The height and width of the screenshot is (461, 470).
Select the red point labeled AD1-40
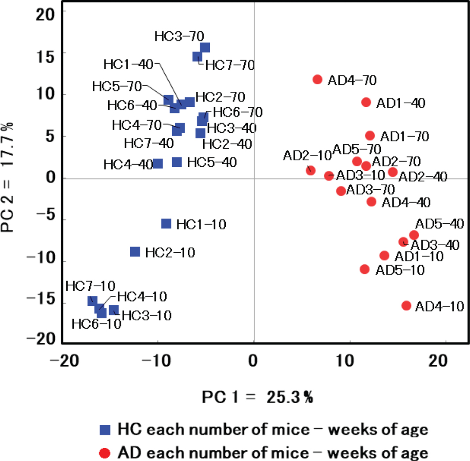coord(366,102)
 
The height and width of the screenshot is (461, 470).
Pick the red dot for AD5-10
coord(365,269)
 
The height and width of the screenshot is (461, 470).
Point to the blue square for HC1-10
coord(166,224)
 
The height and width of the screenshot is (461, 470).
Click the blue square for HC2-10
coord(135,251)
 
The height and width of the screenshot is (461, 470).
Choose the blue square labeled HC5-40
coord(177,162)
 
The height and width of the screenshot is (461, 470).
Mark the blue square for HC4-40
coord(158,164)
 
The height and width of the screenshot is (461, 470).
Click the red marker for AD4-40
coord(371,201)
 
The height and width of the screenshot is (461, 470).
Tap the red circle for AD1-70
coord(370,135)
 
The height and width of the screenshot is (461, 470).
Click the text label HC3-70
coord(179,36)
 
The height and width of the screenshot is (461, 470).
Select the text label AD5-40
coord(439,224)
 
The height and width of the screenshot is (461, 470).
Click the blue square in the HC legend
coord(105,429)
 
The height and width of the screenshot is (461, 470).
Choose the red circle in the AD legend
coord(105,453)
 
